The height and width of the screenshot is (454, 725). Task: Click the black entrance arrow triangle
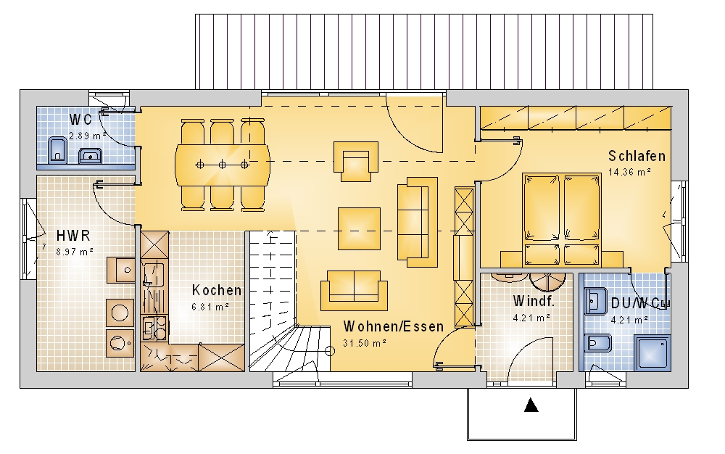(531, 405)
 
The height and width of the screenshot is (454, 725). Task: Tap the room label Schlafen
(637, 156)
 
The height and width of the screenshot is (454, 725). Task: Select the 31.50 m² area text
(365, 343)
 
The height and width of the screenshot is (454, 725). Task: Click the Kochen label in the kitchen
(216, 290)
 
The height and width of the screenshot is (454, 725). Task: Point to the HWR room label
(73, 235)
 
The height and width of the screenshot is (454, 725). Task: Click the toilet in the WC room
(57, 149)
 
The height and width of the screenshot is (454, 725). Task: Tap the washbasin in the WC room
(90, 156)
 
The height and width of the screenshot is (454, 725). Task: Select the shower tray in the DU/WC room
(652, 353)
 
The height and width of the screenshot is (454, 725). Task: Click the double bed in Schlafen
(562, 220)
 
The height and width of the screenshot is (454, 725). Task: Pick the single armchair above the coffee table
(355, 161)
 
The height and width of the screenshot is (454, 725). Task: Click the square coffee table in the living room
(360, 228)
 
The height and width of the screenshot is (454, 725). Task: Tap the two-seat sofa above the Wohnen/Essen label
(355, 290)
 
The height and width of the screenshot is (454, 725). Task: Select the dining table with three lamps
(223, 165)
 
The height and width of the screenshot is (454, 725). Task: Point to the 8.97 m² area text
(74, 252)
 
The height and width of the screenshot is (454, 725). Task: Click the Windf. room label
(534, 301)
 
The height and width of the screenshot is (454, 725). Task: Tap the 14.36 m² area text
(629, 172)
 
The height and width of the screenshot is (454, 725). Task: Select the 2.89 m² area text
(88, 136)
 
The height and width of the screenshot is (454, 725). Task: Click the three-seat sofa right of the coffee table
(418, 222)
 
